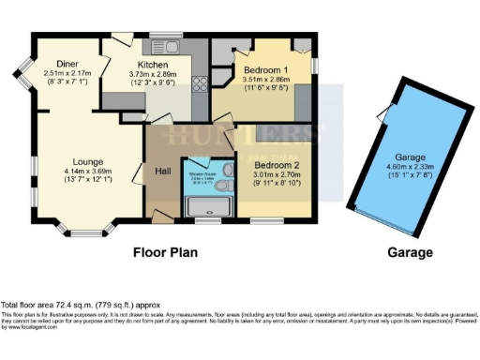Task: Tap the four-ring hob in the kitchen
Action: [199, 85]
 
